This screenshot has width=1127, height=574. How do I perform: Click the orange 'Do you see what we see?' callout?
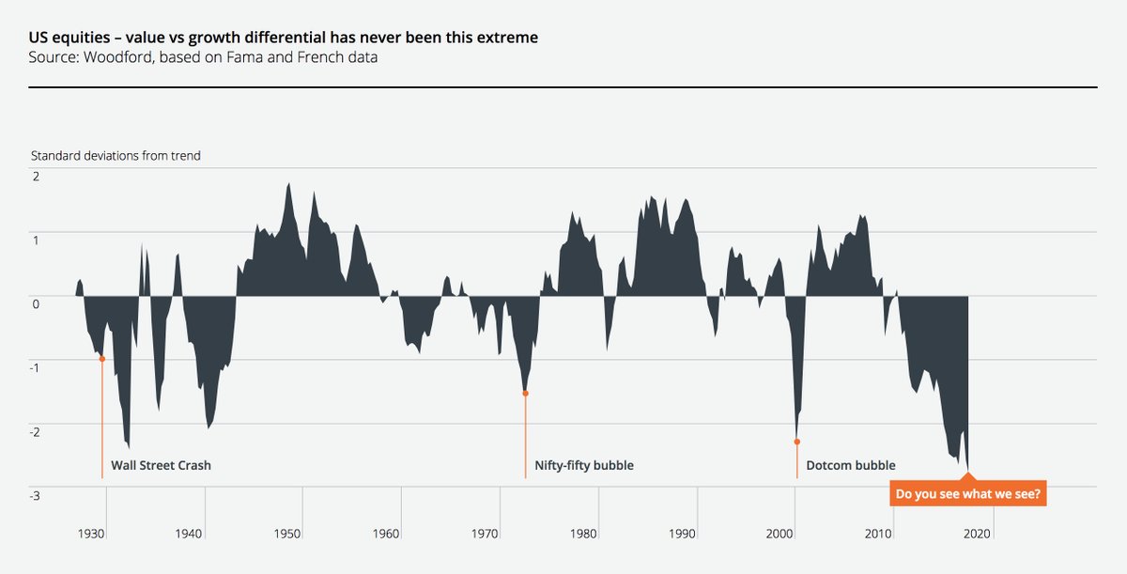coord(968,493)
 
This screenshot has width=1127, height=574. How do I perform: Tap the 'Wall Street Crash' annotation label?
coord(161,465)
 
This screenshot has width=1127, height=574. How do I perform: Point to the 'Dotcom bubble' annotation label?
coord(851,465)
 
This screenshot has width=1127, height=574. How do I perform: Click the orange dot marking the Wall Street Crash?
coord(101,359)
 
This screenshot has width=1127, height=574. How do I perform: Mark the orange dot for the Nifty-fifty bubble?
coord(525,393)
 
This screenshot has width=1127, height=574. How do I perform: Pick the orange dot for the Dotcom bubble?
coord(796,441)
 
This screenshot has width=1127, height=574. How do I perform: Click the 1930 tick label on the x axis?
coord(91,534)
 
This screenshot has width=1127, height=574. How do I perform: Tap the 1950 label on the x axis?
coord(287,534)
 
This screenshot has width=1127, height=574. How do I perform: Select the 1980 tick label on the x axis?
coord(583,534)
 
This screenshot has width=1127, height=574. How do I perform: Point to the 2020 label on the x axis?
coord(977,534)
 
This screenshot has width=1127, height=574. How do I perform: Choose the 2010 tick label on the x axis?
coord(879,534)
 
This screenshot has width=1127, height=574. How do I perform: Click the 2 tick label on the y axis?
coord(35,178)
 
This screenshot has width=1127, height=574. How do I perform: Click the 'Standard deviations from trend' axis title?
coord(116,156)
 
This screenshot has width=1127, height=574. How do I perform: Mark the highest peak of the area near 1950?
coord(289,183)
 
